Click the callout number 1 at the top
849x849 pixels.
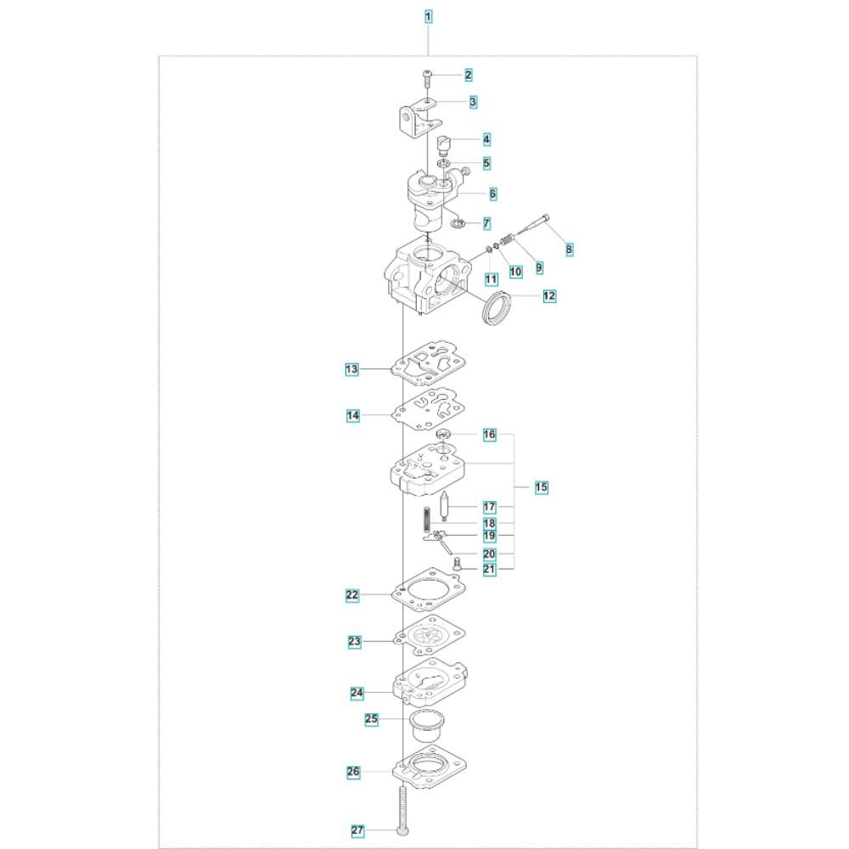428,17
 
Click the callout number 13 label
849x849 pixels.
352,369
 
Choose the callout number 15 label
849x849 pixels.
541,487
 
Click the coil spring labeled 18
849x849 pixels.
427,519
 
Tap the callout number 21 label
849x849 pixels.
489,569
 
